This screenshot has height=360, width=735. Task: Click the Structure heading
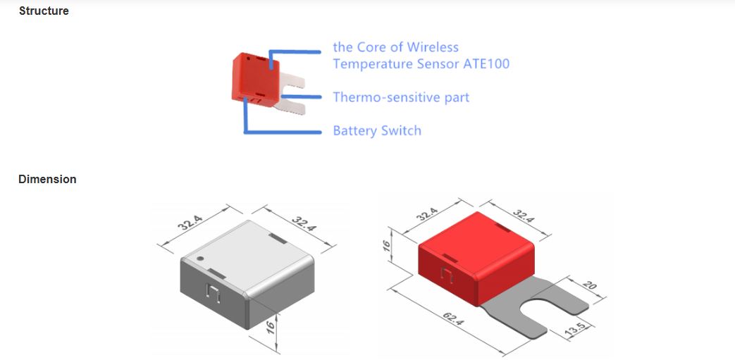44,11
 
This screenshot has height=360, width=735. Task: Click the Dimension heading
47,179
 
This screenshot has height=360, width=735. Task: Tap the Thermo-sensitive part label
400,97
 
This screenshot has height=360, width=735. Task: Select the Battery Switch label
376,131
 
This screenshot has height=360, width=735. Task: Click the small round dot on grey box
199,259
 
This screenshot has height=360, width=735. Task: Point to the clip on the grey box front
214,292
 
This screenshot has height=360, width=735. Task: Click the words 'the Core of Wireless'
395,47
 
